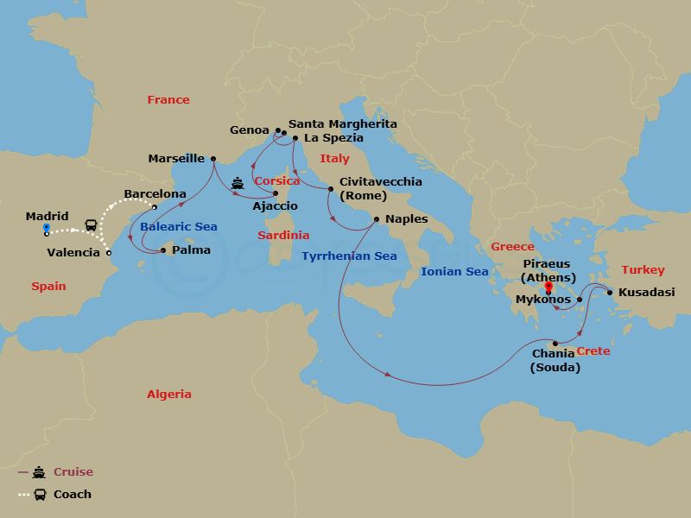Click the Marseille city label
pyautogui.click(x=176, y=158)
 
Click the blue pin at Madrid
pyautogui.click(x=47, y=229)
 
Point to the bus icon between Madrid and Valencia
pyautogui.click(x=90, y=225)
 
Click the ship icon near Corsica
pyautogui.click(x=238, y=184)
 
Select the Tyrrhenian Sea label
pyautogui.click(x=349, y=256)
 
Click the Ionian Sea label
pyautogui.click(x=453, y=271)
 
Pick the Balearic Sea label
pyautogui.click(x=178, y=227)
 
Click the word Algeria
pyautogui.click(x=168, y=394)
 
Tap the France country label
pyautogui.click(x=168, y=99)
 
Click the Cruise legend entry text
pyautogui.click(x=73, y=472)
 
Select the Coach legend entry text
pyautogui.click(x=73, y=495)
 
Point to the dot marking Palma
pyautogui.click(x=163, y=251)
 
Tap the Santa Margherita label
pyautogui.click(x=343, y=124)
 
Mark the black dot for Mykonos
pyautogui.click(x=580, y=300)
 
